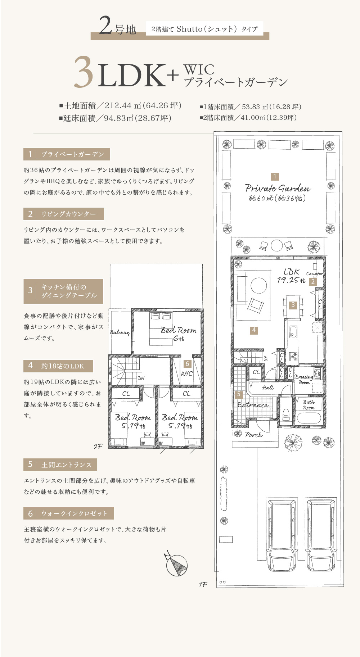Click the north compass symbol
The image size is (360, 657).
(x=176, y=565)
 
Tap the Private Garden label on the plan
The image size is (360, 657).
(x=278, y=188)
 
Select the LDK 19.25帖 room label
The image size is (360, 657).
(x=291, y=276)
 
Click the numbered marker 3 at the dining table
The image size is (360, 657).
(x=293, y=305)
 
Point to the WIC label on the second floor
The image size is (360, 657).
(x=186, y=373)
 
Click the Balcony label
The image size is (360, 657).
(x=120, y=332)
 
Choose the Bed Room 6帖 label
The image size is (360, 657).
(x=179, y=334)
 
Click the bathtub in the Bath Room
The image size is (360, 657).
(x=309, y=418)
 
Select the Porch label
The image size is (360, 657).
(x=254, y=435)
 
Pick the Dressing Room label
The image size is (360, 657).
(x=304, y=380)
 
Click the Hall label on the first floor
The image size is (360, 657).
(x=268, y=388)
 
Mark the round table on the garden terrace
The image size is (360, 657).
(x=276, y=246)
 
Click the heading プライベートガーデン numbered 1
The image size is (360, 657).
(x=67, y=154)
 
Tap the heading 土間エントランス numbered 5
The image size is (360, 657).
(x=60, y=465)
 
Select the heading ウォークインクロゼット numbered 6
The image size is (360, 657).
(x=69, y=513)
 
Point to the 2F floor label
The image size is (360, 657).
(x=98, y=447)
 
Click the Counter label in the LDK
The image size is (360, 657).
(x=314, y=273)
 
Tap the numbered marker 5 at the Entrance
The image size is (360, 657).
(x=239, y=394)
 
